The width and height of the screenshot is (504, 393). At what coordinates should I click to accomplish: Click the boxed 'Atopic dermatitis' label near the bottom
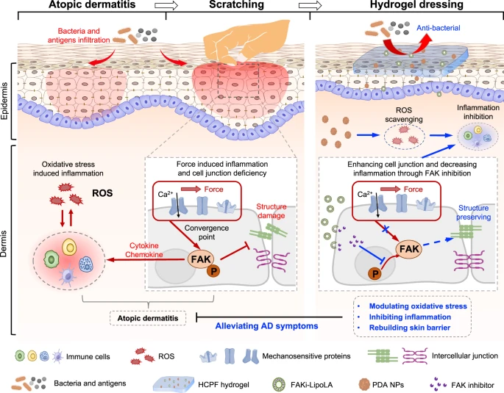(x=146, y=317)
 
